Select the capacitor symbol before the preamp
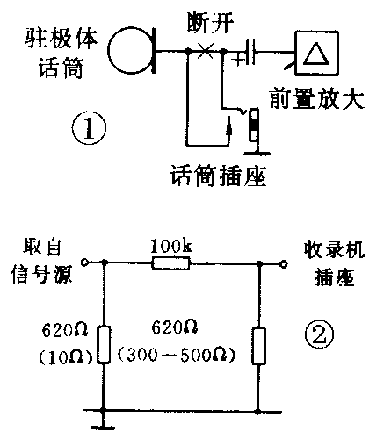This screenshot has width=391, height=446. coord(253,52)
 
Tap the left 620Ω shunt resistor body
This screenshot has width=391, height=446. coord(104,345)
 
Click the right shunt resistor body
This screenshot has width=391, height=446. coord(258,344)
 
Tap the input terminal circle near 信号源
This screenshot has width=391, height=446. coord(84,263)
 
